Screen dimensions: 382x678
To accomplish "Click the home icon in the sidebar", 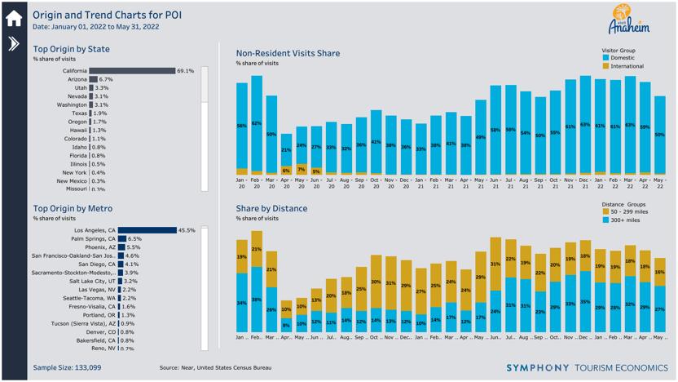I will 13,17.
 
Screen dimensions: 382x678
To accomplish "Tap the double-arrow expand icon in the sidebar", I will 13,44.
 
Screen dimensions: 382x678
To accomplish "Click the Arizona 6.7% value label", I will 106,79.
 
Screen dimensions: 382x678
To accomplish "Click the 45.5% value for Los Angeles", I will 187,230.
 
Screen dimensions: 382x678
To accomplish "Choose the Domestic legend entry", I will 622,58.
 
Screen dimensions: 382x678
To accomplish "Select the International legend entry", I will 626,66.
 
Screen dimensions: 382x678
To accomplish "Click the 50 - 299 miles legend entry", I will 627,211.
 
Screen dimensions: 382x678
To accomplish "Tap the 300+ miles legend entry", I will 623,220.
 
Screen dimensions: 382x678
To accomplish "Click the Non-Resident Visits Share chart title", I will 288,53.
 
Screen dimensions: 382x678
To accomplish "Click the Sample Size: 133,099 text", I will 67,368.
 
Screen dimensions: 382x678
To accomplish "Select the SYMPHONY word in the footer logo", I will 539,368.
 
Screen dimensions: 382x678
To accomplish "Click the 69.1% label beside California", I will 186,71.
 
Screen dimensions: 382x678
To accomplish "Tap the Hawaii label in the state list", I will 77,130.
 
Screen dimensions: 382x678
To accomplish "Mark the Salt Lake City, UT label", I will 91,281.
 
